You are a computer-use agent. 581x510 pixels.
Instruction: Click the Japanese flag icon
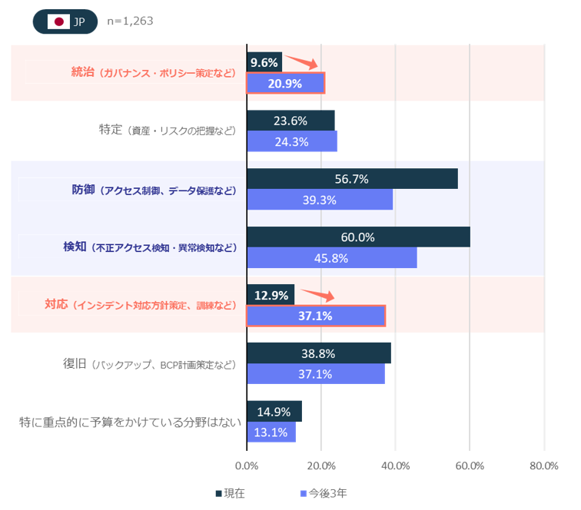coord(58,22)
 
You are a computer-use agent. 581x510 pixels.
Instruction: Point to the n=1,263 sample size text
coord(130,21)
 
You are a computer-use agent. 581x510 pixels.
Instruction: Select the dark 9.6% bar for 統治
coord(264,61)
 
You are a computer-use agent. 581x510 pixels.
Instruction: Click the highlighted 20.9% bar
coord(285,83)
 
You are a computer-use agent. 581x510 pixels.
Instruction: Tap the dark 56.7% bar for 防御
coord(352,178)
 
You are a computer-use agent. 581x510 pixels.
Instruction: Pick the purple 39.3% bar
coord(320,200)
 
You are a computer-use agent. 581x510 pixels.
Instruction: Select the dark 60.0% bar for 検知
coord(358,237)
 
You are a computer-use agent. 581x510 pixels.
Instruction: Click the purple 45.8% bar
coord(331,258)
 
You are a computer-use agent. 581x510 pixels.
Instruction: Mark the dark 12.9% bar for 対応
coord(271,294)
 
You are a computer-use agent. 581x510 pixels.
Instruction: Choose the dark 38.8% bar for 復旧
coord(319,353)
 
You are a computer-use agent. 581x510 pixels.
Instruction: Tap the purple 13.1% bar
coord(271,432)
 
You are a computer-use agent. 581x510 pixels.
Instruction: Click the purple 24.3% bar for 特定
coord(291,141)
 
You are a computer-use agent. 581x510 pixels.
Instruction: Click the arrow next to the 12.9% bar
coord(316,294)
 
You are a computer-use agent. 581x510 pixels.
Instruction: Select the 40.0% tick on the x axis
coord(395,465)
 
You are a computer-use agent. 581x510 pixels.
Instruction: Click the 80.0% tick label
coord(543,465)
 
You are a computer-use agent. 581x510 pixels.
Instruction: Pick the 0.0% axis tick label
coord(247,465)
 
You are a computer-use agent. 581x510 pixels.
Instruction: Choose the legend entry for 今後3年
coord(324,493)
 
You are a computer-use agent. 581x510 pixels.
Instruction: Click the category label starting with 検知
coord(149,247)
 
